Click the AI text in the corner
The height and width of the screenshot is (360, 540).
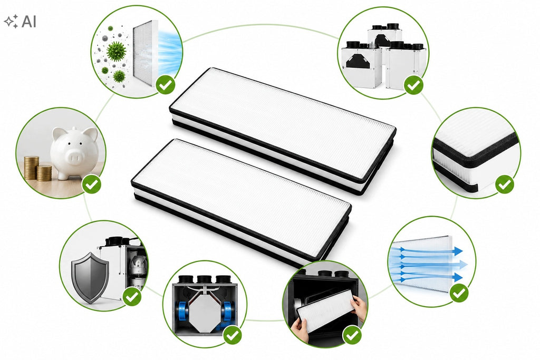(x=29, y=21)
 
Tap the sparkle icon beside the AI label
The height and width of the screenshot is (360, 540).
(x=11, y=21)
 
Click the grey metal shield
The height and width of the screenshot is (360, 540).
(x=90, y=277)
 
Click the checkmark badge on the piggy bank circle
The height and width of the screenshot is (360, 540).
(x=92, y=184)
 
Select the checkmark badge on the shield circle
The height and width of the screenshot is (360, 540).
(x=132, y=296)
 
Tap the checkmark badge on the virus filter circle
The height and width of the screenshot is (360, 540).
(x=166, y=84)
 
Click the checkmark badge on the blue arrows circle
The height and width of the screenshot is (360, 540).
(x=459, y=293)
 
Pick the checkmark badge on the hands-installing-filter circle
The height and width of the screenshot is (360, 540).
(x=352, y=335)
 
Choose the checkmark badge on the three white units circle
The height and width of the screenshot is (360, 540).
(x=413, y=85)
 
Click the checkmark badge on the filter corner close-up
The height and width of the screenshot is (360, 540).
(x=505, y=184)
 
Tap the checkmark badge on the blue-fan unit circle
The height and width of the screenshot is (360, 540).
(x=233, y=334)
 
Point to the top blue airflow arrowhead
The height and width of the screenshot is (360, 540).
(x=457, y=251)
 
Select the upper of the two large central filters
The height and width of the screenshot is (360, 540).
(x=283, y=131)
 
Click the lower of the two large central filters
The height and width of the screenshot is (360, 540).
(x=241, y=203)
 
